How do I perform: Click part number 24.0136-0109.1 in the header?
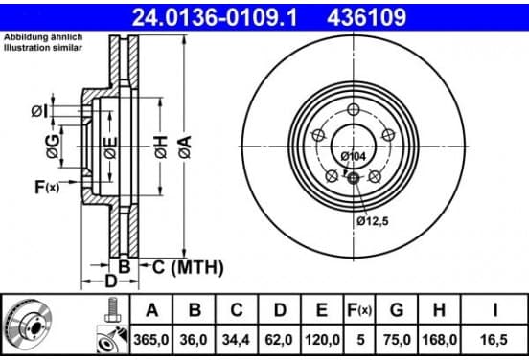pos(215,17)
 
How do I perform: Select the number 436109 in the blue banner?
pos(366,17)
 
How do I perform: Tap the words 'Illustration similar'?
pos(43,48)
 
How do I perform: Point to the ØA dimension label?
pos(185,146)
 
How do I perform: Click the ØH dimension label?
pos(161,146)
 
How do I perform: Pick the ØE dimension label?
pos(110,147)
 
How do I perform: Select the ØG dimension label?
pos(53,146)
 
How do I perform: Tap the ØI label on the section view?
pos(39,111)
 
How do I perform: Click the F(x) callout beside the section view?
pos(47,187)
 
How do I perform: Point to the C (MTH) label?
pos(188,267)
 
